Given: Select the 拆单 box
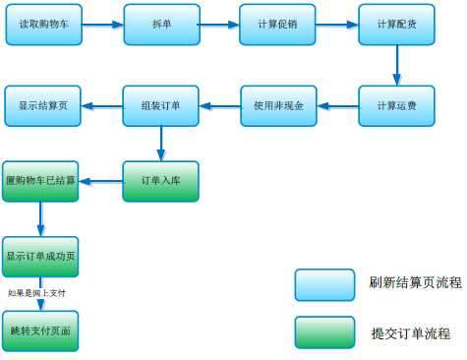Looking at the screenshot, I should (x=162, y=24).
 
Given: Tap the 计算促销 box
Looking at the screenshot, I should (x=278, y=24).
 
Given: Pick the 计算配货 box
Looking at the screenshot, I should (x=396, y=24).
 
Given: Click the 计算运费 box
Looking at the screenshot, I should (x=396, y=105).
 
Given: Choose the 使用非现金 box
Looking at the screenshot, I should (x=278, y=105).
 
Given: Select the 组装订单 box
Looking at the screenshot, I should (x=162, y=105).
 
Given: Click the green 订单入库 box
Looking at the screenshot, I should (x=162, y=180).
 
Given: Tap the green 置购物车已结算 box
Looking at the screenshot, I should (x=40, y=180).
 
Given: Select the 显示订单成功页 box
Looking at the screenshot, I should (x=40, y=258).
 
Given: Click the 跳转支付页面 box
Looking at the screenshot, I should (x=40, y=329).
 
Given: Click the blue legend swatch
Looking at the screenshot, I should (x=325, y=283).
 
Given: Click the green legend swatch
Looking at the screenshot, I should (x=325, y=332).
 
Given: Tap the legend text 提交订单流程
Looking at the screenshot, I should (x=411, y=332).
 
